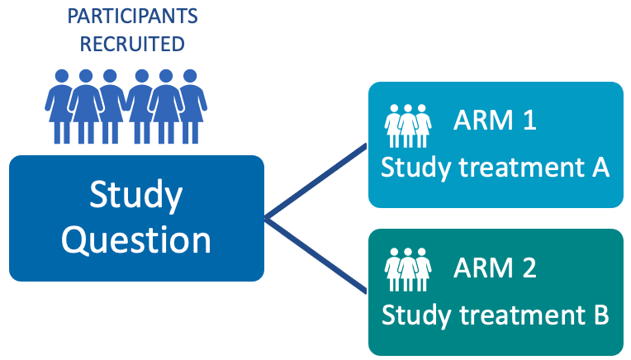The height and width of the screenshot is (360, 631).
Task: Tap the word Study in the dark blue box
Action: pyautogui.click(x=136, y=197)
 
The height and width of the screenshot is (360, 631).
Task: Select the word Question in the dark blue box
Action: pyautogui.click(x=136, y=239)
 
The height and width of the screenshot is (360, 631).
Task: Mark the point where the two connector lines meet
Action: pyautogui.click(x=267, y=218)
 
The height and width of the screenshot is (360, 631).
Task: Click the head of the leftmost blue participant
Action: pyautogui.click(x=61, y=76)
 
